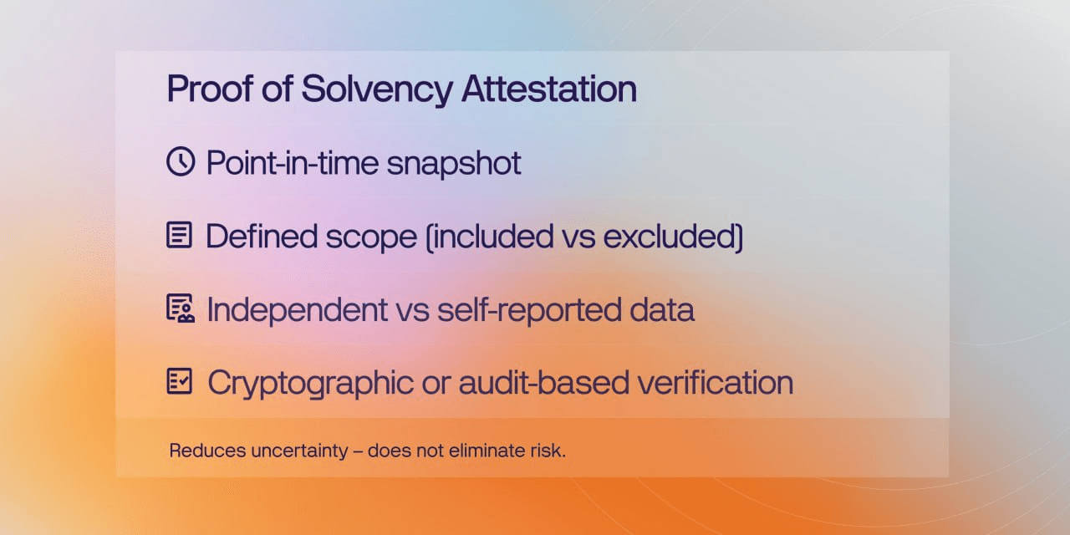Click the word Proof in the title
[210, 89]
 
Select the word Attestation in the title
[549, 89]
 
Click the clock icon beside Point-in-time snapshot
[181, 161]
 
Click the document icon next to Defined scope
[179, 235]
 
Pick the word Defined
[262, 236]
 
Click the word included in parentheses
[493, 236]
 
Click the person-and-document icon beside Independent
[180, 308]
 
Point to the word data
[661, 309]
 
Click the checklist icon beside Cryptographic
[180, 380]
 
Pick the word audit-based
[543, 383]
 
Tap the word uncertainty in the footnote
[299, 451]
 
